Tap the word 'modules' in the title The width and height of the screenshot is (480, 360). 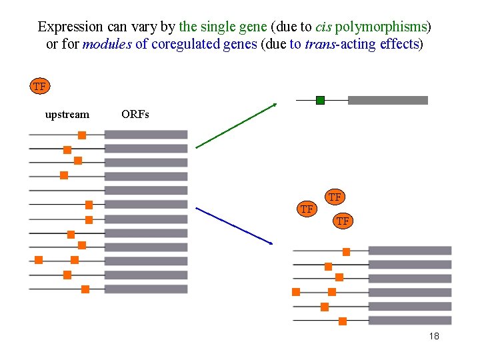pyautogui.click(x=107, y=45)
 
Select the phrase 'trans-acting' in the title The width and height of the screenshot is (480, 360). pyautogui.click(x=337, y=45)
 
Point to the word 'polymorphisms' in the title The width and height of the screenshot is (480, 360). pyautogui.click(x=381, y=27)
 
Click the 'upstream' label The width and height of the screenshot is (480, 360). pyautogui.click(x=67, y=115)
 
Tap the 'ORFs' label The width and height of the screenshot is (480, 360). pyautogui.click(x=135, y=115)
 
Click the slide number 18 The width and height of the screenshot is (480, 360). pyautogui.click(x=434, y=337)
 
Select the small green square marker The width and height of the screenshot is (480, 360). pyautogui.click(x=320, y=101)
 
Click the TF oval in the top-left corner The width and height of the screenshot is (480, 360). pyautogui.click(x=39, y=87)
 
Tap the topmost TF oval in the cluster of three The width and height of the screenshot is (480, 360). pyautogui.click(x=335, y=197)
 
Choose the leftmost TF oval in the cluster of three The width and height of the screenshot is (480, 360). pyautogui.click(x=307, y=209)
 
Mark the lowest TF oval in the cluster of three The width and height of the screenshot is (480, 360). pyautogui.click(x=343, y=221)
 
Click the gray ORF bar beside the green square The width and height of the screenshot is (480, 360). pyautogui.click(x=387, y=101)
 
